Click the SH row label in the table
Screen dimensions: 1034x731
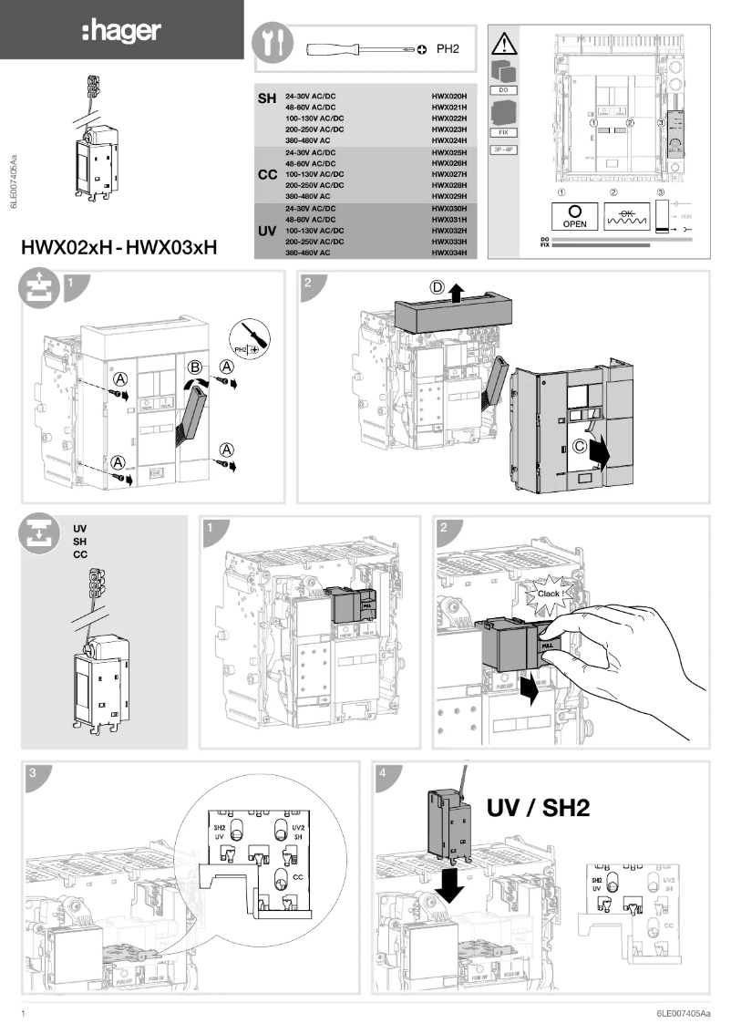(267, 98)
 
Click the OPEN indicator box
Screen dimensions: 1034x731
(574, 215)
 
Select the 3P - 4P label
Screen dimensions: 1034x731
(504, 150)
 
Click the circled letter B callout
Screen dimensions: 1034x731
(194, 368)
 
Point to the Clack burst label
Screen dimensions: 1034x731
(548, 594)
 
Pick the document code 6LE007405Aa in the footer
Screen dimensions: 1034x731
(686, 1014)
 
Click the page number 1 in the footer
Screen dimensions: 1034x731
(23, 1014)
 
